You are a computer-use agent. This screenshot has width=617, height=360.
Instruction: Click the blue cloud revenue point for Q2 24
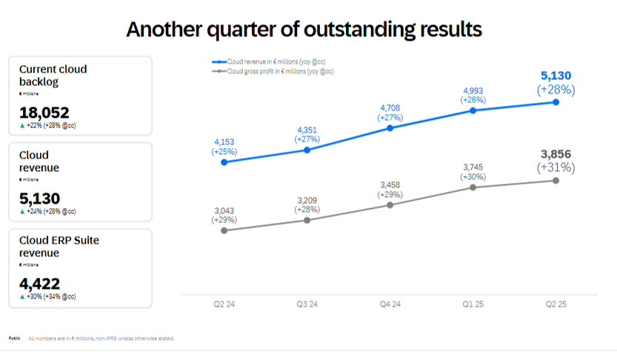(224, 161)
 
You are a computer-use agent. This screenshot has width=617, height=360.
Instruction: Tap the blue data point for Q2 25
(556, 101)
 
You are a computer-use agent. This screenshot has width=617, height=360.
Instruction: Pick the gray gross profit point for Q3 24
(307, 220)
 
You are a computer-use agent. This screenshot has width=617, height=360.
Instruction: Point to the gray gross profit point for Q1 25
(473, 187)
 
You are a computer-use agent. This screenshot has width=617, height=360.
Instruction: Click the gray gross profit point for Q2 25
(556, 180)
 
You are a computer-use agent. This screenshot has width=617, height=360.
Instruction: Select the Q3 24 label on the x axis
(307, 305)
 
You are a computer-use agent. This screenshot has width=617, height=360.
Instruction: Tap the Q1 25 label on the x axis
(473, 305)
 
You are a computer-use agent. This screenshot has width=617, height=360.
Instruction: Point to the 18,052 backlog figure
(44, 113)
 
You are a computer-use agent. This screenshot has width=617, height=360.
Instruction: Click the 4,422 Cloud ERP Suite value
(40, 284)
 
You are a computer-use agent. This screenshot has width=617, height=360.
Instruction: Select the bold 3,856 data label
(556, 153)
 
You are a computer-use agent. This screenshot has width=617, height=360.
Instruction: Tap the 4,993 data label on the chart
(473, 90)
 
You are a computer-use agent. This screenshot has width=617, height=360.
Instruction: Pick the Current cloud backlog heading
(53, 75)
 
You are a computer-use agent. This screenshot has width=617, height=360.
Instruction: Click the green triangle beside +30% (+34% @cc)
(22, 296)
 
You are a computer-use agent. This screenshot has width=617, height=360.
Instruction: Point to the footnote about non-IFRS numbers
(101, 339)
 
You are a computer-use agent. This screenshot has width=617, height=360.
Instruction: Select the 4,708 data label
(390, 107)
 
